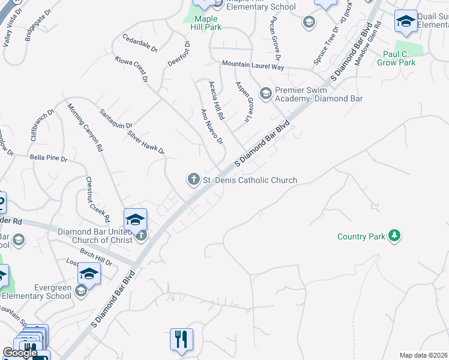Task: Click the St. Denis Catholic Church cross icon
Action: (193, 179)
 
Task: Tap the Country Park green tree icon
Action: (394, 236)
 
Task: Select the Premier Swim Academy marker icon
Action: (265, 93)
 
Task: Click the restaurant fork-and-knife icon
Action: (181, 339)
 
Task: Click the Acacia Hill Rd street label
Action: (216, 100)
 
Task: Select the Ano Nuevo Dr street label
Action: (212, 127)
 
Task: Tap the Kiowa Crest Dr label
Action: (131, 70)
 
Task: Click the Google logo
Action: (20, 353)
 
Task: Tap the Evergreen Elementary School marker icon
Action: (81, 291)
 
